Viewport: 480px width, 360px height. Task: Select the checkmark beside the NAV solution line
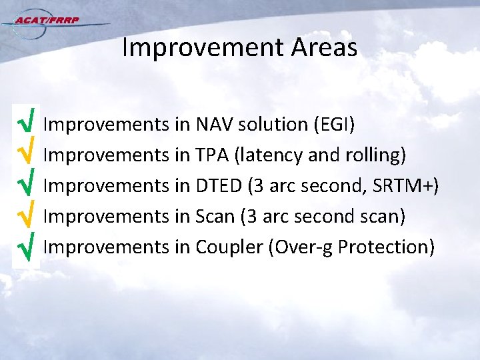[x=25, y=124]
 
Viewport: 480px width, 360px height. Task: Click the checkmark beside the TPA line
[x=25, y=155]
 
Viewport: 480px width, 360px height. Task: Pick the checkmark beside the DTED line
[x=25, y=185]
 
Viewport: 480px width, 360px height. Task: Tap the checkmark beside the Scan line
[x=25, y=216]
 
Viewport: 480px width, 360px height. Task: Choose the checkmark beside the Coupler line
[x=25, y=247]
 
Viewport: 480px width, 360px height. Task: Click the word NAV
[x=214, y=124]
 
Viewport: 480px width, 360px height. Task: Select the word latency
[x=275, y=155]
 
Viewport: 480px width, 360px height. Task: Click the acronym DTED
[x=219, y=185]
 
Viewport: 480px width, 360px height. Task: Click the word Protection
[x=386, y=247]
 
